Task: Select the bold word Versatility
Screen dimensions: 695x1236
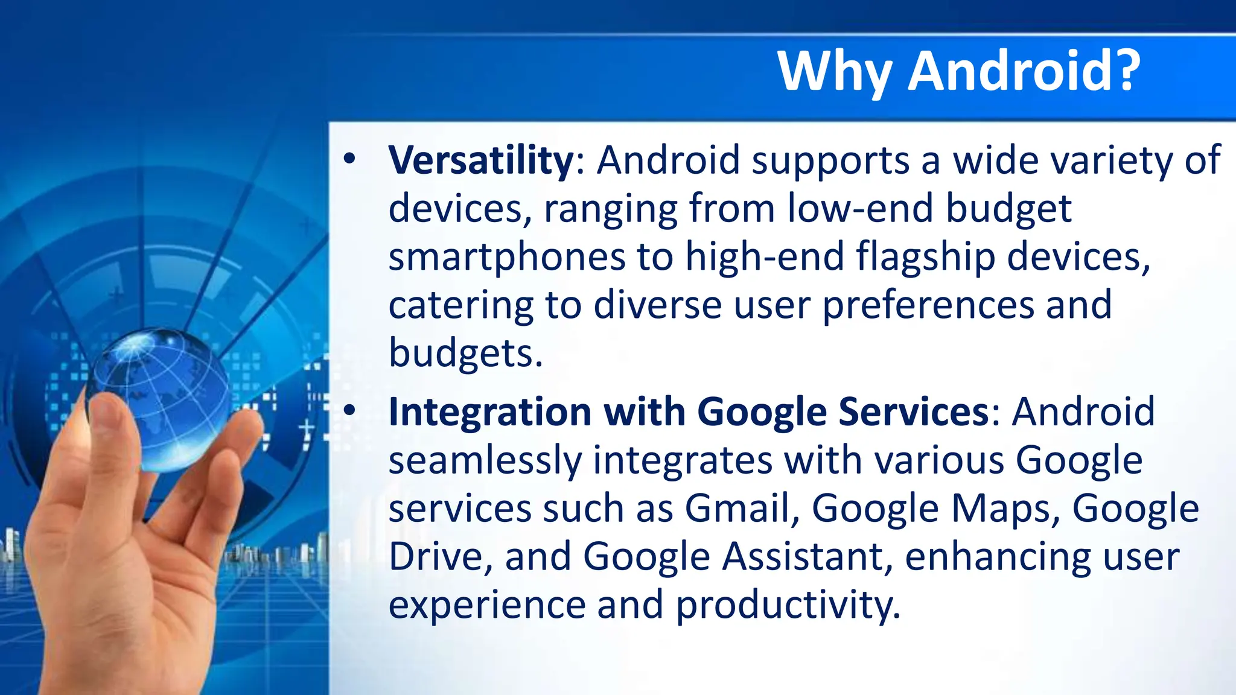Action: point(481,160)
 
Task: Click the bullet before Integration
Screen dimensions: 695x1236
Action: point(349,411)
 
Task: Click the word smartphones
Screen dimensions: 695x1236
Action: point(506,257)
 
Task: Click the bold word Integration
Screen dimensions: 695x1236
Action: point(489,412)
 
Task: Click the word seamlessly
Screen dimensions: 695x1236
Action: point(485,460)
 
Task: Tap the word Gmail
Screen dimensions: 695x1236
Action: point(737,508)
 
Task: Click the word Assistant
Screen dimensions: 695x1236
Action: point(803,556)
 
